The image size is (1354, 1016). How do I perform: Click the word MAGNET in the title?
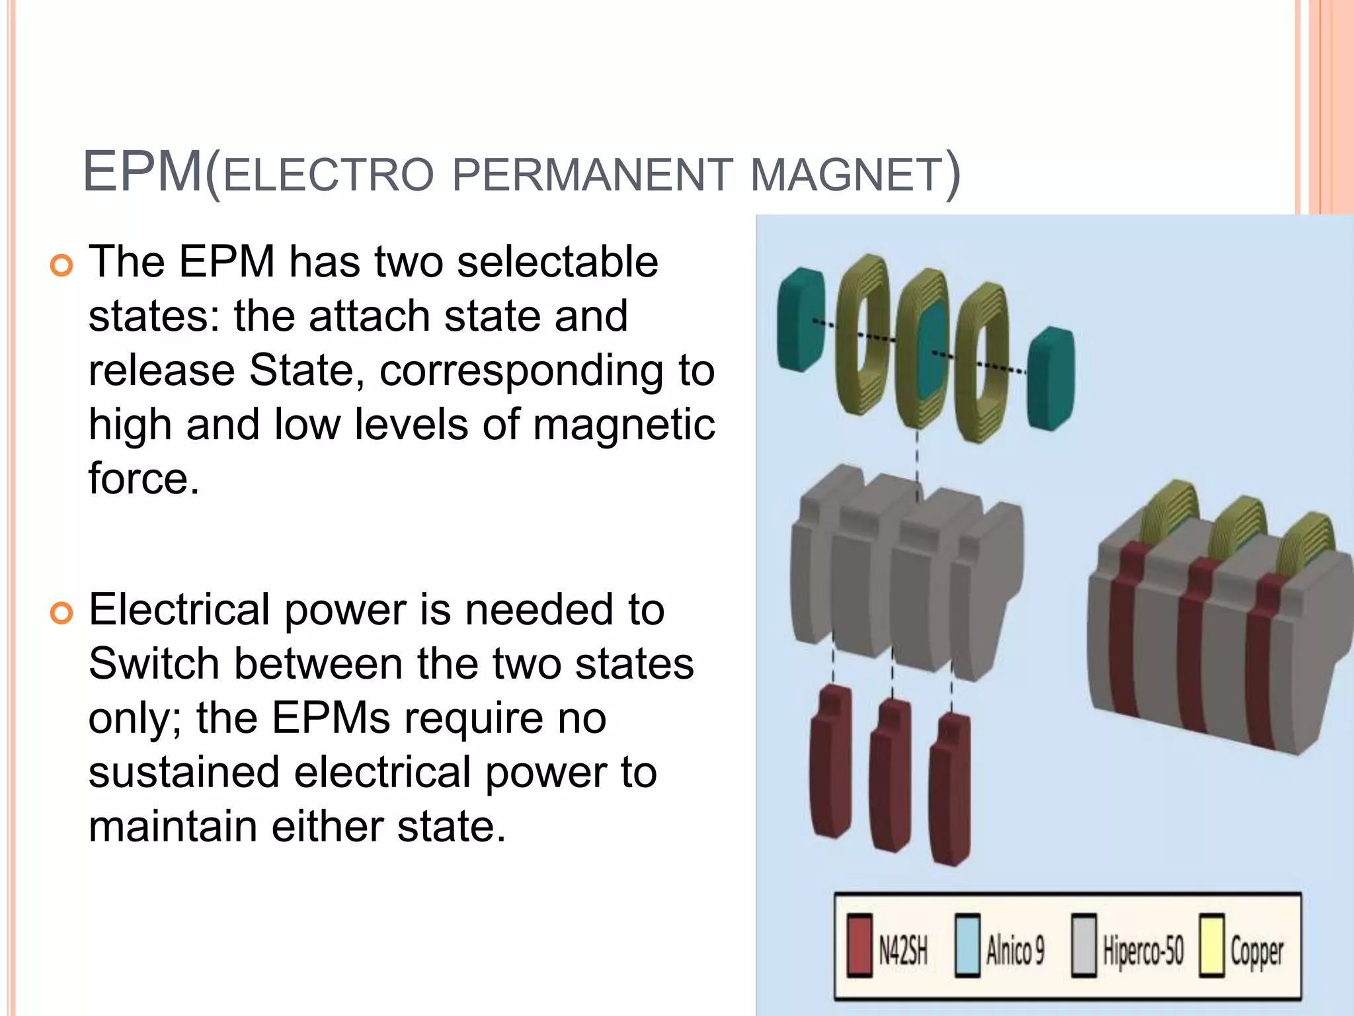click(846, 175)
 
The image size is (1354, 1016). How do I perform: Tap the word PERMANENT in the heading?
click(592, 175)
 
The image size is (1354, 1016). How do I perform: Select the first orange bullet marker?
click(61, 265)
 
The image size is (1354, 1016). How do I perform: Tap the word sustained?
click(184, 773)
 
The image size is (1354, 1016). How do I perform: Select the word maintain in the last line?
click(172, 827)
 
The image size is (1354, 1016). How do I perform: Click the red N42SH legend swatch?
click(859, 945)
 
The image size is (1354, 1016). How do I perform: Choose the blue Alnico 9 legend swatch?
click(967, 945)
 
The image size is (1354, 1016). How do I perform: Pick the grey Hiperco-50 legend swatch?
click(1084, 945)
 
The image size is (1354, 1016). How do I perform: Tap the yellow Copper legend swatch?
click(1211, 945)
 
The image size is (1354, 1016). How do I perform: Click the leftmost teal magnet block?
click(800, 319)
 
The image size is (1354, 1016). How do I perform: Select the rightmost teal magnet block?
click(1051, 379)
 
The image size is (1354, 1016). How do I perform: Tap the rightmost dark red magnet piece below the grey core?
click(950, 790)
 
